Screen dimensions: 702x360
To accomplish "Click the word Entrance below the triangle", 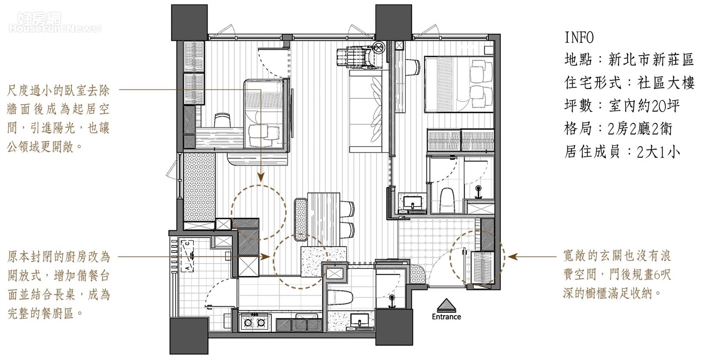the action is [x=446, y=317].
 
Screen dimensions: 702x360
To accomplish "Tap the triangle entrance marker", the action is [x=446, y=305].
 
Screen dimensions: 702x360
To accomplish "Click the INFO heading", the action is [x=579, y=38].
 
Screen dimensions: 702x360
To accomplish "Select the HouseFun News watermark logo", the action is [x=55, y=22].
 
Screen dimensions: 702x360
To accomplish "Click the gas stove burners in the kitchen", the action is [x=255, y=322].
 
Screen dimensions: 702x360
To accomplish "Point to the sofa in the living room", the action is [x=366, y=111].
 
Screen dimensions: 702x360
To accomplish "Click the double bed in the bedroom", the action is [x=458, y=84].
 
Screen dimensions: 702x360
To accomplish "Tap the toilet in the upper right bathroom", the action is [x=447, y=200].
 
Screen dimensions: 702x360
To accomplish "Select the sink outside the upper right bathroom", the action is [x=412, y=203].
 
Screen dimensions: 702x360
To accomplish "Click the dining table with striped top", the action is [x=323, y=219].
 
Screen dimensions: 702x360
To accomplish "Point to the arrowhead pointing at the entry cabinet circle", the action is [x=512, y=257].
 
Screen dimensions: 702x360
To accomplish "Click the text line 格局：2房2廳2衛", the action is [x=618, y=129].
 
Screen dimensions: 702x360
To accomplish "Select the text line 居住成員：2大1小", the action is [x=622, y=152].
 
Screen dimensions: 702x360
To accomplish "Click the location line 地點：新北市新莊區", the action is [x=629, y=59].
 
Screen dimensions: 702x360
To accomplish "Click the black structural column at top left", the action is [x=190, y=22].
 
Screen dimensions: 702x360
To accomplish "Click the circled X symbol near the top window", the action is [x=379, y=48].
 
